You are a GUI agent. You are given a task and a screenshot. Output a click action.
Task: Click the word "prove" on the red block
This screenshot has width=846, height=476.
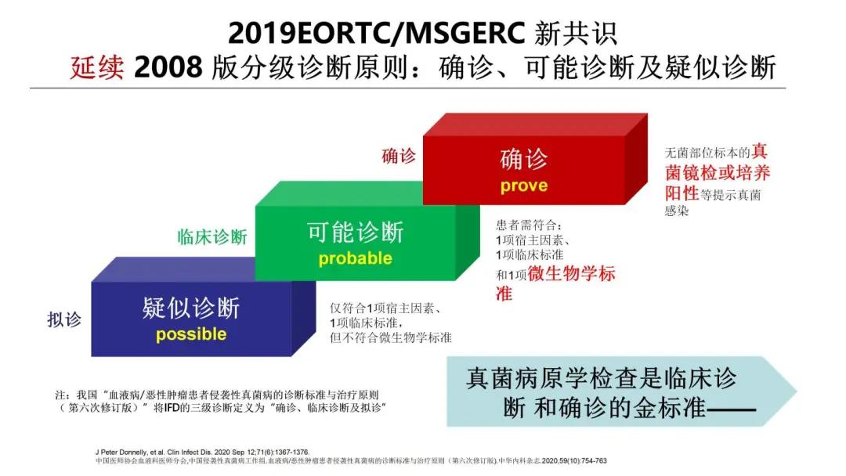click(x=524, y=187)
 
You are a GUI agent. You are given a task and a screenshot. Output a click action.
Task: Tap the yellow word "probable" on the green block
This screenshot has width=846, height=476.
click(x=355, y=258)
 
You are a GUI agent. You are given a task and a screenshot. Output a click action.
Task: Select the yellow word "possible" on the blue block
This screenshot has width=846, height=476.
click(x=191, y=334)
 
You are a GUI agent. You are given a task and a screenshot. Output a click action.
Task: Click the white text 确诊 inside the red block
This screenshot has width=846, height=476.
click(x=524, y=160)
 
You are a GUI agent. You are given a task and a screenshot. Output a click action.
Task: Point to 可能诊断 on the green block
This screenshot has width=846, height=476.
click(x=355, y=232)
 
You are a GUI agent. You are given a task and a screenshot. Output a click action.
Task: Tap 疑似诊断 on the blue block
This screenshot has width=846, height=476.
click(x=191, y=308)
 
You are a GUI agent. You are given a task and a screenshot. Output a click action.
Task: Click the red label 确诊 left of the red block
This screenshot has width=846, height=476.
click(x=399, y=156)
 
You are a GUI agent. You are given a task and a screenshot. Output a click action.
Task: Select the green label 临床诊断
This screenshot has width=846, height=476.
click(x=212, y=237)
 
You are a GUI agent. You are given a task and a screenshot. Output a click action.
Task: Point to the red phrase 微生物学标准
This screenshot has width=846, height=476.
click(x=571, y=274)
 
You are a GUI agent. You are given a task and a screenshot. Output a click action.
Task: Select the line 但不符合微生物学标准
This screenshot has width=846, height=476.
click(x=390, y=337)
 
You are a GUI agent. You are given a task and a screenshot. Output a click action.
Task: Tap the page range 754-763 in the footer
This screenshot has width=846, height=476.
click(x=591, y=460)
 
